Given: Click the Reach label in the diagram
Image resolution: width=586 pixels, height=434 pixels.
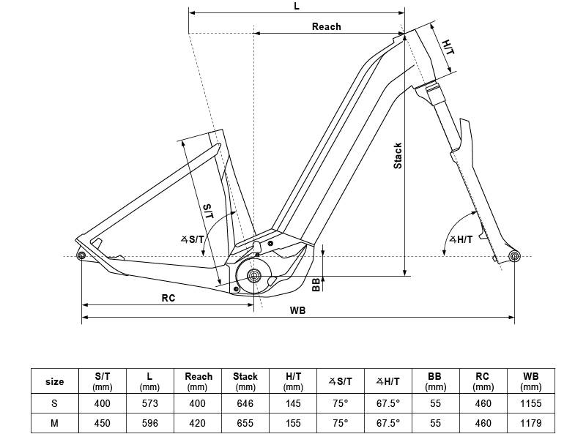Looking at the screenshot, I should point(326,26).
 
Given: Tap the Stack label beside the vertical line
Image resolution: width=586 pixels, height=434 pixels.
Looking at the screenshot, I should point(398,155).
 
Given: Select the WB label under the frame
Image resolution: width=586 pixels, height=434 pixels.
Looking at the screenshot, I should point(297,310).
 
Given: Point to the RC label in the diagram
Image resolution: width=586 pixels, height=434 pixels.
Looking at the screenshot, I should point(168,298).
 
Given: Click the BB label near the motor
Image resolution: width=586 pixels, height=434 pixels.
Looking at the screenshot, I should point(316,285).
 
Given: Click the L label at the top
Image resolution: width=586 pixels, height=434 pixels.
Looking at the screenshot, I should point(296,6).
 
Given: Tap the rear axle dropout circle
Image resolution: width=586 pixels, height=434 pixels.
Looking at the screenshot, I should point(81,255).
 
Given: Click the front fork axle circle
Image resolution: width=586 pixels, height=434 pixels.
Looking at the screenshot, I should point(514,255).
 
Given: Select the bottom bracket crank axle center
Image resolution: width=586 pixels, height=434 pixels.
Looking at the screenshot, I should point(254,276).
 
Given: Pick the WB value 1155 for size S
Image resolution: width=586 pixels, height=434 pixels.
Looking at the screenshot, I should point(530,403).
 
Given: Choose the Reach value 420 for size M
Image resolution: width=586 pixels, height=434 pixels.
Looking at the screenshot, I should point(198,423).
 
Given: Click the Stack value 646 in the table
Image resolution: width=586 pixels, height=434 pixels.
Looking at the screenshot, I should point(245,403).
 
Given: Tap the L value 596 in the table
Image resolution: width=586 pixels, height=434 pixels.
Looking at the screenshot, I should point(149,423).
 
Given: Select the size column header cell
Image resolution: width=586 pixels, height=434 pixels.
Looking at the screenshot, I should point(55,381).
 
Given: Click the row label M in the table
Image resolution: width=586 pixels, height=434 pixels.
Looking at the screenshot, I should point(55,423).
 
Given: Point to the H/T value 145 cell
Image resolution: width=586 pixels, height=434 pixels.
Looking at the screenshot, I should point(293,403).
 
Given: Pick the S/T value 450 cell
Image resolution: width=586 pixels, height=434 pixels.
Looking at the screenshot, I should point(103,423).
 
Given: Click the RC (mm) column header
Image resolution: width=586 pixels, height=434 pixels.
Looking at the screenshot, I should point(483,381).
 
